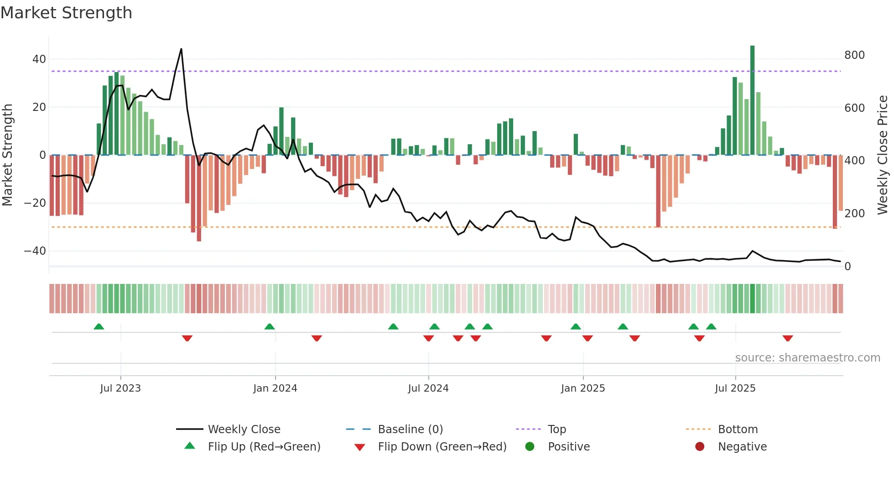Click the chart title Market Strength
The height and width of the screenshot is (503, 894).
coord(66,13)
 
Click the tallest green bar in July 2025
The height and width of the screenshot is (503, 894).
coord(752,100)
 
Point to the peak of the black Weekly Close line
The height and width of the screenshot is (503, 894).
coord(181,49)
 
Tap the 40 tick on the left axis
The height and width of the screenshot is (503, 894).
coord(39,59)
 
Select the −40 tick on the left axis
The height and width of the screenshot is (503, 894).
coord(36,251)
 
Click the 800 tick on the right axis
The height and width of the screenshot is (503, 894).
coord(854,55)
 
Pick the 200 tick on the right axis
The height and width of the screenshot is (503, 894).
coord(854,214)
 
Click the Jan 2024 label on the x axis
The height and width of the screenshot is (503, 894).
coord(275,388)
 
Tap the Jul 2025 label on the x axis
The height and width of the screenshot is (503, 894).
coord(735,388)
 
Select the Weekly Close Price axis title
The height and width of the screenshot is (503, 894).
coord(883,155)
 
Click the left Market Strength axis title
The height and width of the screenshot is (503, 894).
coord(7,155)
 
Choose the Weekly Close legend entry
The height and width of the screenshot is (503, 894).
coord(244,430)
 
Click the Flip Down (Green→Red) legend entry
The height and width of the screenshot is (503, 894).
coord(442,447)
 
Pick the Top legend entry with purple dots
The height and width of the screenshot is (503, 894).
coord(556,430)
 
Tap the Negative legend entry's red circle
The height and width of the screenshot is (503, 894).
coord(699,447)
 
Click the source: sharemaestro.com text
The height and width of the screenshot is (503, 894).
coord(807,358)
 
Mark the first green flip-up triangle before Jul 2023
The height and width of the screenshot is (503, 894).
coord(99,326)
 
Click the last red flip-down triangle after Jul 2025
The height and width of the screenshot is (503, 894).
coord(787,338)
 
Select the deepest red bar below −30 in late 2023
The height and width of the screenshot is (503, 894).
coord(199,199)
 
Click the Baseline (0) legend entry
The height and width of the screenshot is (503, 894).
coord(410,430)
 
